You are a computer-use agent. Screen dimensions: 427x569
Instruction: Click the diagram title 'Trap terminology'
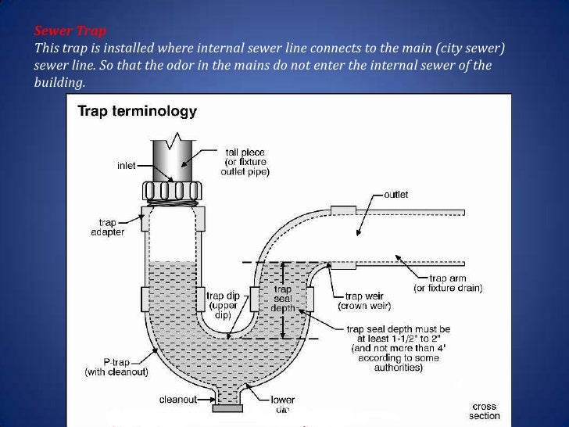pos(136,112)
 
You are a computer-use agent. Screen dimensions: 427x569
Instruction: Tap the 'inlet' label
pos(126,165)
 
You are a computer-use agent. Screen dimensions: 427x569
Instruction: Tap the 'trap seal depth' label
pos(282,299)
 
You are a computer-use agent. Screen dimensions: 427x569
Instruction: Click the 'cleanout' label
pos(178,399)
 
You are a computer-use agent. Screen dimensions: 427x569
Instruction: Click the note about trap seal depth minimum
pos(400,344)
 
